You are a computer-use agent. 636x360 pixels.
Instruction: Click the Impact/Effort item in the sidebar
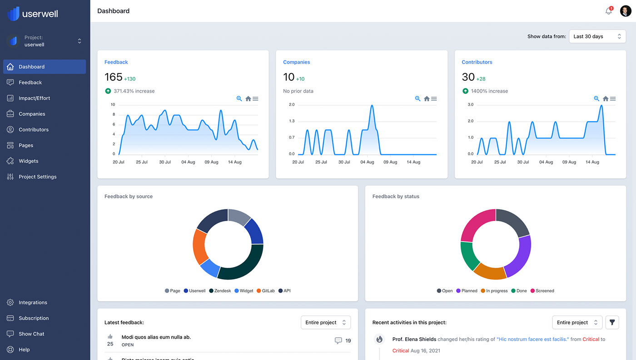[34, 98]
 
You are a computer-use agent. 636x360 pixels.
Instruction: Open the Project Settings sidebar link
[37, 177]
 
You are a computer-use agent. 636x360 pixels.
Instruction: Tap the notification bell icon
[608, 11]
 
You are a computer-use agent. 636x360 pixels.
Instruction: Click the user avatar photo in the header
[626, 11]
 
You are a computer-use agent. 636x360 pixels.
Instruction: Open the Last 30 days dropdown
[597, 36]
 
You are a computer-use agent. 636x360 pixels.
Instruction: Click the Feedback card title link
[116, 62]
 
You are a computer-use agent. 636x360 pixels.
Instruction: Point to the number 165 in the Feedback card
[114, 77]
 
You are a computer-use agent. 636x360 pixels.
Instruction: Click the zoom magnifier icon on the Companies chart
[417, 99]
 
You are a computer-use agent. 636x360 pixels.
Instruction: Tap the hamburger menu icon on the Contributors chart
[613, 99]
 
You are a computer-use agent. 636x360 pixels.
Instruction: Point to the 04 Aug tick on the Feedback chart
[188, 162]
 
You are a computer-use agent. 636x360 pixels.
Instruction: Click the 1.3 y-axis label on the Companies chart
[292, 121]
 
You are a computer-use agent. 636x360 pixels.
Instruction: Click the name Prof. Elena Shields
[414, 339]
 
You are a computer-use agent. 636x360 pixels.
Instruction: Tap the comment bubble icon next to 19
[338, 340]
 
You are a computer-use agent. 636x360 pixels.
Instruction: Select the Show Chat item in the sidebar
[31, 334]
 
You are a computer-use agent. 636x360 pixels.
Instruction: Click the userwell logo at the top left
[33, 13]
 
